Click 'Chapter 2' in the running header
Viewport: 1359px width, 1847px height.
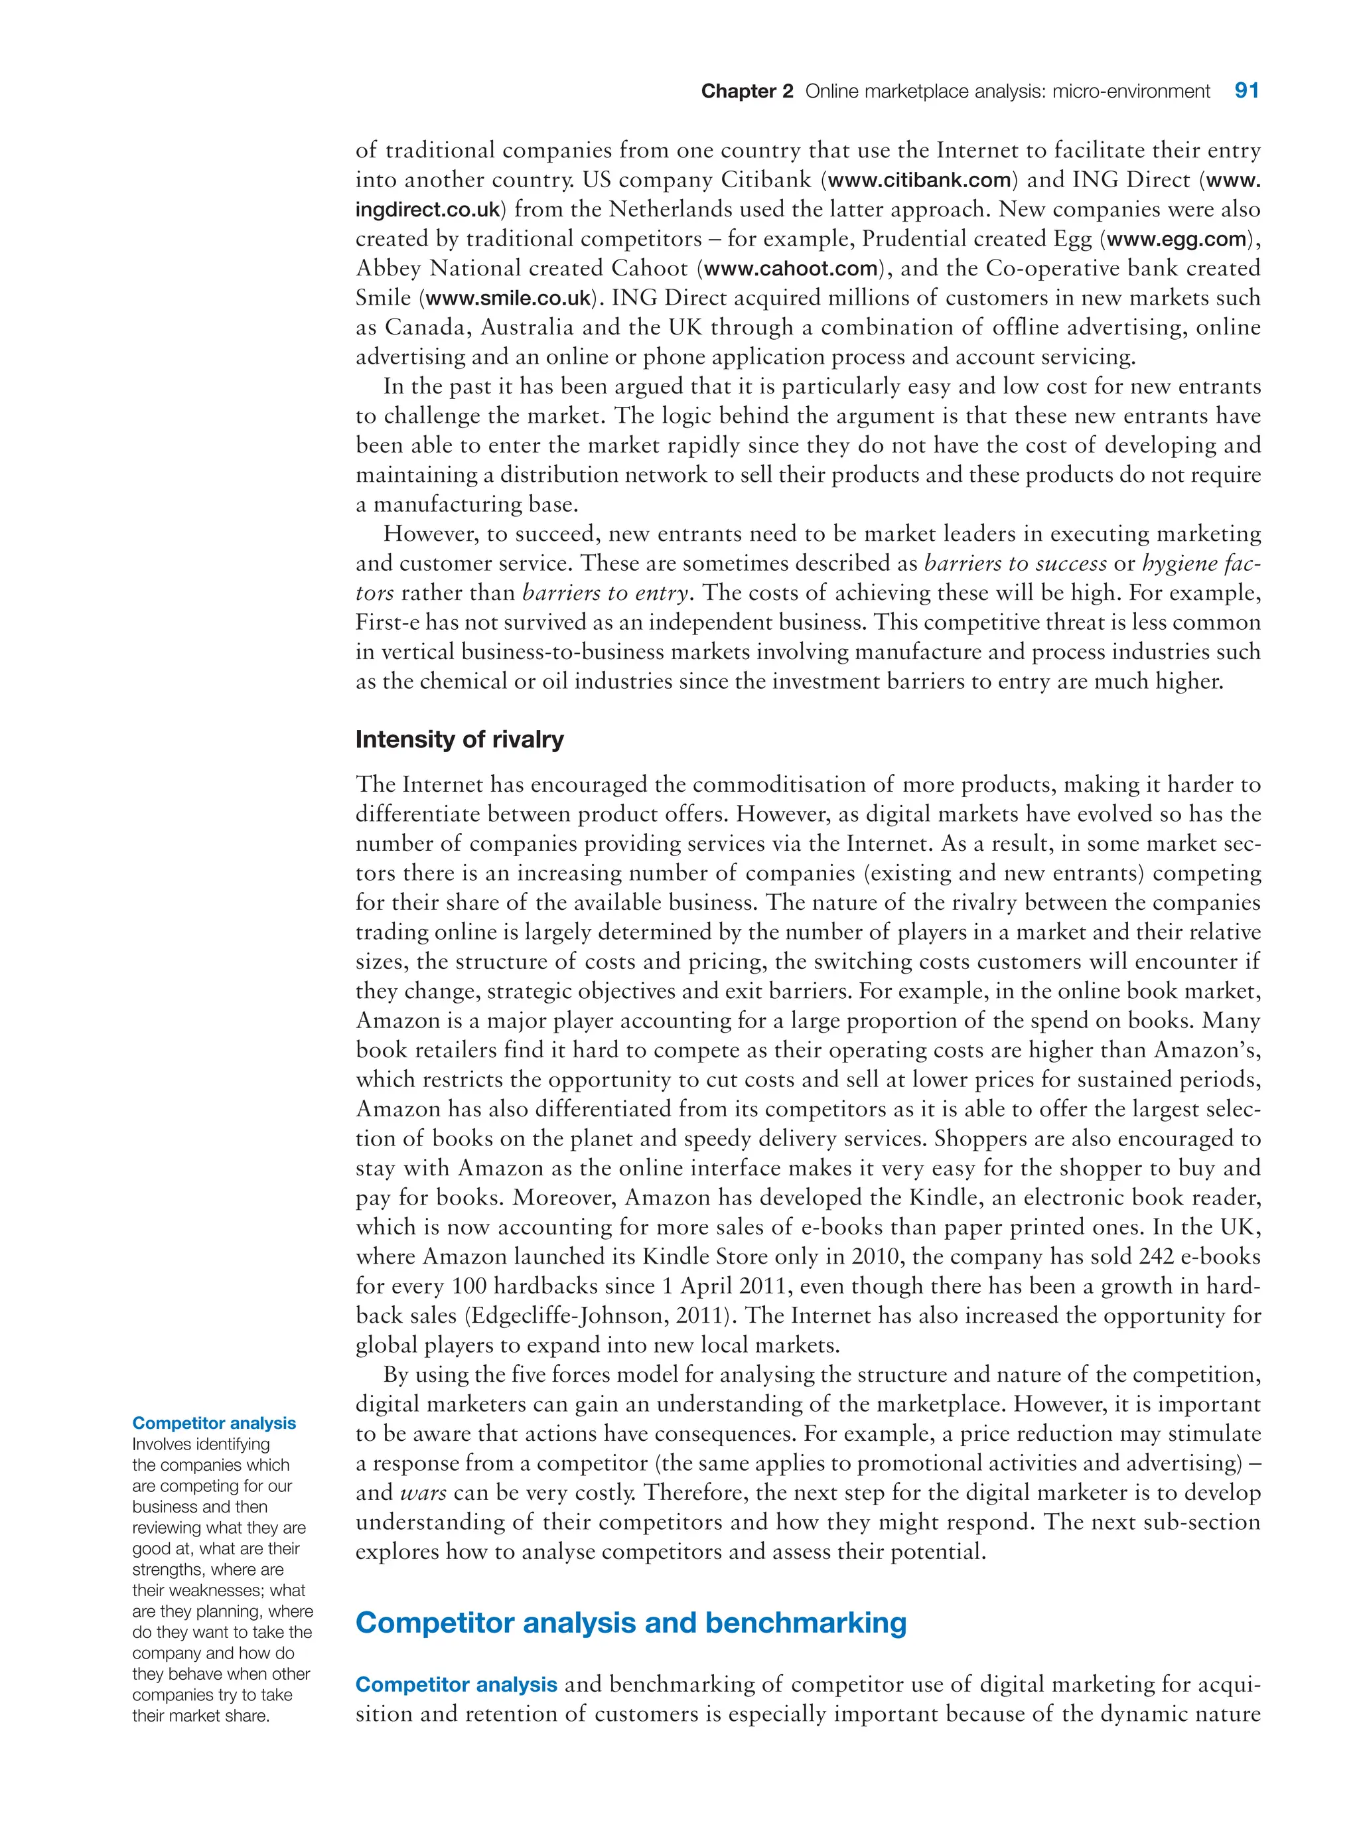point(746,92)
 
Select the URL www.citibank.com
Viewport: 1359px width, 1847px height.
point(919,180)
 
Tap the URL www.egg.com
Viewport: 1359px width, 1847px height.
point(1177,240)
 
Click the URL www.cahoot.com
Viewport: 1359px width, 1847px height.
point(790,269)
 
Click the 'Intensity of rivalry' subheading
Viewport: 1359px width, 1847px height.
point(459,739)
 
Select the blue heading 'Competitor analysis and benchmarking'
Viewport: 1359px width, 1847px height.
point(630,1623)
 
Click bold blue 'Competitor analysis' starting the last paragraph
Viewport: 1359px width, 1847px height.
point(456,1685)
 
